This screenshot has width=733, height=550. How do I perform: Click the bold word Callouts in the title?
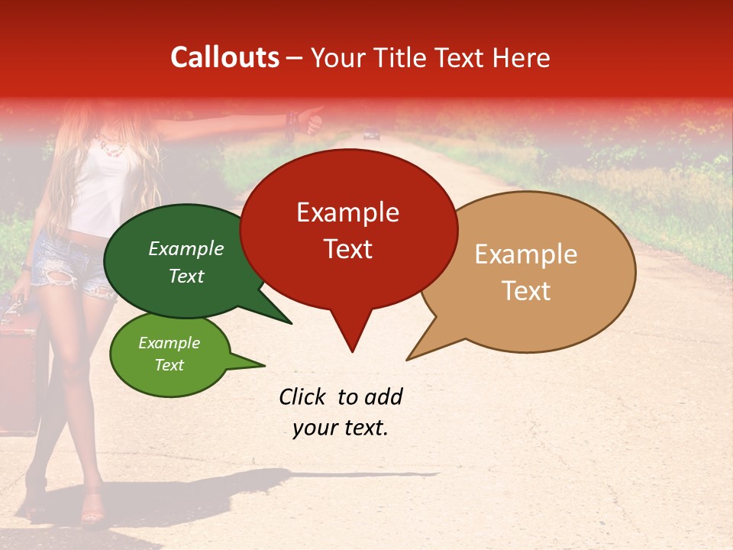(x=224, y=57)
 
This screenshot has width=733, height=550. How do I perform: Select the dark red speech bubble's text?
(x=348, y=230)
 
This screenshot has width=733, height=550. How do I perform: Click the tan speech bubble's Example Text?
(x=526, y=272)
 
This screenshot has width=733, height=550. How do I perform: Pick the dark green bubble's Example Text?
(x=186, y=262)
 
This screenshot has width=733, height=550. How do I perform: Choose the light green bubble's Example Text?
(x=169, y=354)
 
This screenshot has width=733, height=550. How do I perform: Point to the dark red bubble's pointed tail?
(x=352, y=340)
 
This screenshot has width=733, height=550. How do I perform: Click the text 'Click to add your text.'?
(x=341, y=412)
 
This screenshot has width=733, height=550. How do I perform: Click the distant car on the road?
(x=372, y=135)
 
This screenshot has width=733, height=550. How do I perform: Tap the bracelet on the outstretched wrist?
(x=291, y=122)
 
